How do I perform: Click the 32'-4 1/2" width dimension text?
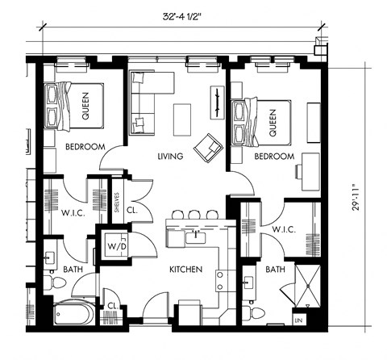coord(181,14)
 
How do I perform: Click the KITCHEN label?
coord(185,269)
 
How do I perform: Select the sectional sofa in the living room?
coord(149,97)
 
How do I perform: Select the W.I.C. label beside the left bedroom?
coord(68,214)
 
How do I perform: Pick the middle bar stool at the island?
coord(193,214)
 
